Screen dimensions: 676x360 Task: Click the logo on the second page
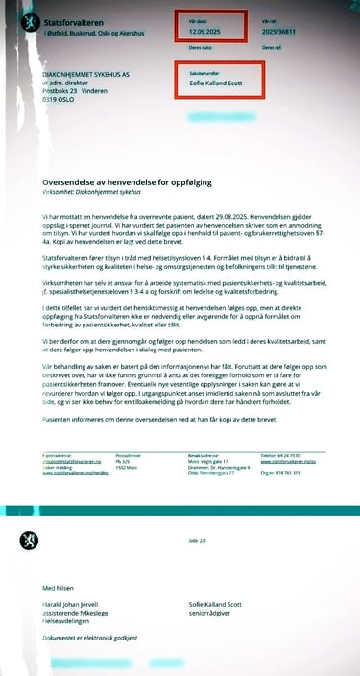point(29,541)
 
